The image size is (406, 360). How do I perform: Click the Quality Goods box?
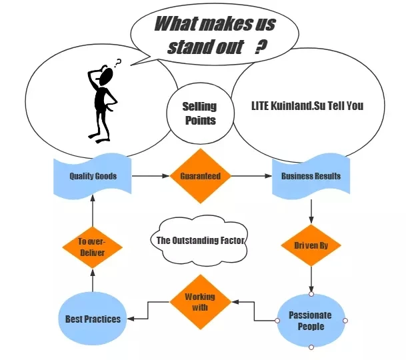click(x=93, y=177)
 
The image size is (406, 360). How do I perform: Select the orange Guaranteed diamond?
click(x=201, y=176)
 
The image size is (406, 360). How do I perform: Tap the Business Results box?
click(x=311, y=177)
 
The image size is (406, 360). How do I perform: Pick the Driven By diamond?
click(x=311, y=245)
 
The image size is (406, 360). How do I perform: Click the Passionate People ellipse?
click(x=311, y=321)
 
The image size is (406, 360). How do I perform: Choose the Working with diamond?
click(x=201, y=302)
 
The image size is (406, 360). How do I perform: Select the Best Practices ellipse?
click(x=93, y=319)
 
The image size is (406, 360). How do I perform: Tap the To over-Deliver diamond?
click(x=93, y=247)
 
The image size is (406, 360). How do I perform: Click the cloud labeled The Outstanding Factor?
click(x=199, y=241)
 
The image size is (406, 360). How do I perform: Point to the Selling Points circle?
click(x=200, y=113)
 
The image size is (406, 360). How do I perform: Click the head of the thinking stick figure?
click(x=106, y=77)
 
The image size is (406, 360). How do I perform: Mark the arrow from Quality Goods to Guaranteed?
click(x=151, y=176)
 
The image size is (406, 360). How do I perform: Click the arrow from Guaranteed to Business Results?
click(x=251, y=176)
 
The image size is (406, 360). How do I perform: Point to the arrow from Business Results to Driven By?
click(x=311, y=211)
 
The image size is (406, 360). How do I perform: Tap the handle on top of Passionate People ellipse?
click(x=311, y=294)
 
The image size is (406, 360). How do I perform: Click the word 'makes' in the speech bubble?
click(x=224, y=24)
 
